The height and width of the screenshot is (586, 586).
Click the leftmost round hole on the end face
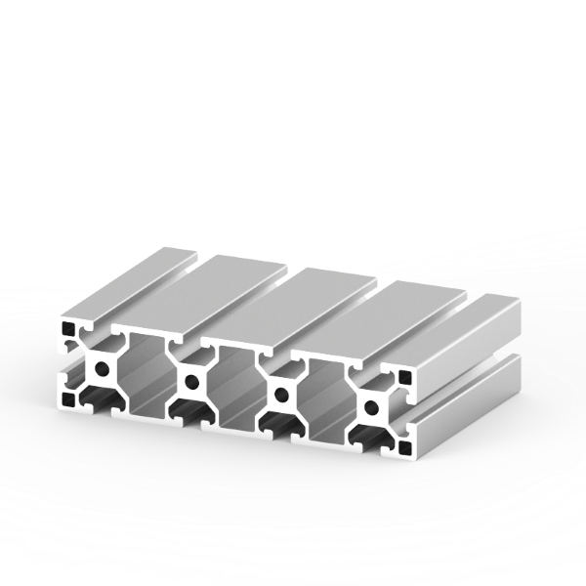pyautogui.click(x=101, y=369)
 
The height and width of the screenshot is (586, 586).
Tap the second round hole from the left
pyautogui.click(x=190, y=382)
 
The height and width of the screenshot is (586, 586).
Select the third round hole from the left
pyautogui.click(x=281, y=395)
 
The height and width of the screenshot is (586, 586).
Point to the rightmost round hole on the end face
pyautogui.click(x=372, y=406)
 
